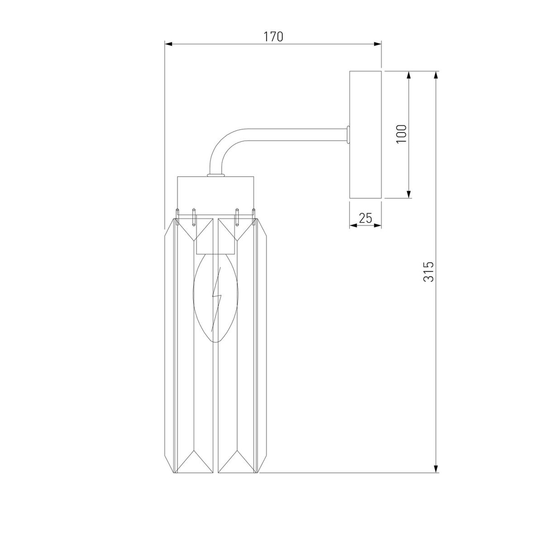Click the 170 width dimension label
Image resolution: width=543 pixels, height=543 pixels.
click(273, 37)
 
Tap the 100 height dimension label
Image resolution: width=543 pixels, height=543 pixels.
click(401, 134)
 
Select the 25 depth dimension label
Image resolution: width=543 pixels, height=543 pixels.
click(365, 218)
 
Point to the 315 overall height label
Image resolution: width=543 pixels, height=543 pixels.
click(429, 271)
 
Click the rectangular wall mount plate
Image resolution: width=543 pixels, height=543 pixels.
click(365, 134)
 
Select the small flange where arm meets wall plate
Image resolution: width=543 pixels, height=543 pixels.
click(348, 135)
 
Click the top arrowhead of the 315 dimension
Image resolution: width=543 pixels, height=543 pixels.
click(435, 74)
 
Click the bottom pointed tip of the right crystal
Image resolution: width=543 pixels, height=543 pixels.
click(237, 471)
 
